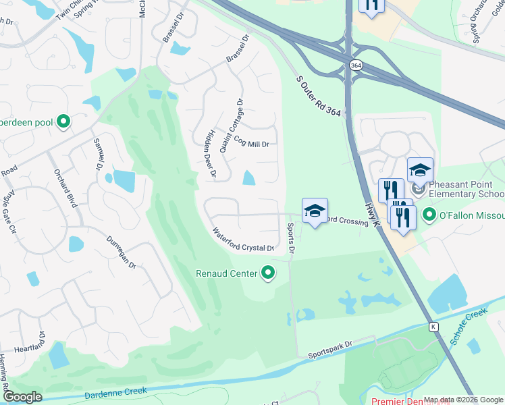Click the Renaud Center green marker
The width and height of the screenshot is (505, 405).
click(x=269, y=273)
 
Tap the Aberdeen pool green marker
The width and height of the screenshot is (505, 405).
click(x=63, y=122)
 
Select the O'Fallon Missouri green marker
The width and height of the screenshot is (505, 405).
click(x=428, y=215)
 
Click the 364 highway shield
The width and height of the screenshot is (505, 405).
click(x=355, y=65)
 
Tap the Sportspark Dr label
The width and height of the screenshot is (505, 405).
click(x=330, y=349)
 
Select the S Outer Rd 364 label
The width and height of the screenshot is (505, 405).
click(x=321, y=97)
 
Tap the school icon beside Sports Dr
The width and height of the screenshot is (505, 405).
click(x=315, y=211)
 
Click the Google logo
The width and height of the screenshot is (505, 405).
click(x=23, y=397)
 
